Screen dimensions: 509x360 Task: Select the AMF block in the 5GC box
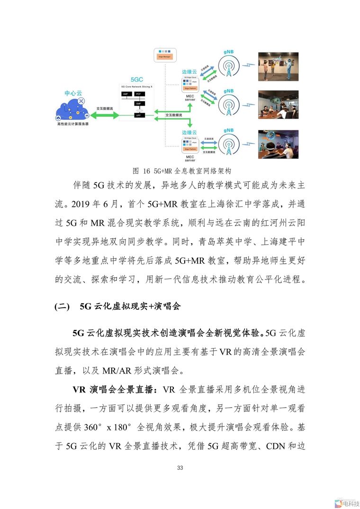tap(126, 94)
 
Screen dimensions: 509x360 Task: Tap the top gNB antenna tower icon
tap(228, 67)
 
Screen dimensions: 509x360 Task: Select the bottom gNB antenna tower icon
tap(228, 143)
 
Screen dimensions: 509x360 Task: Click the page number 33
tap(180, 468)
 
